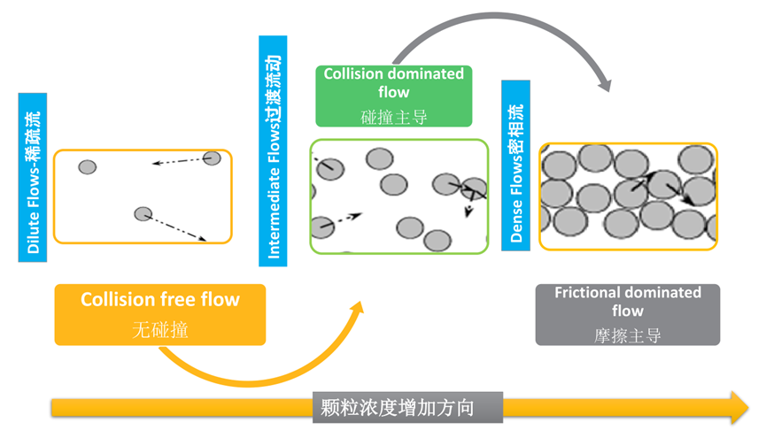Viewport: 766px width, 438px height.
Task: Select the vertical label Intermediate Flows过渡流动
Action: coord(274,150)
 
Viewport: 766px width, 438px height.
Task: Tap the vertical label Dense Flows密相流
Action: coord(516,165)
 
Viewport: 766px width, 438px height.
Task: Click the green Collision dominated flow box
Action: coord(393,95)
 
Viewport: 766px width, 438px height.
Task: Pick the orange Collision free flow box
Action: coord(160,314)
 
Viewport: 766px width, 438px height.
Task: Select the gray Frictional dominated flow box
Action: coord(628,314)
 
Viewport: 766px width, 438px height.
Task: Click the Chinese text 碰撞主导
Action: coord(393,116)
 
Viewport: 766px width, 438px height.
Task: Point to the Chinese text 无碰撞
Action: coord(160,330)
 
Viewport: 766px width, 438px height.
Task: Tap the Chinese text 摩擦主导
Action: coord(628,335)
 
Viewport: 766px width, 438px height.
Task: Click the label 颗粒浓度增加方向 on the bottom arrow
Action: coord(409,408)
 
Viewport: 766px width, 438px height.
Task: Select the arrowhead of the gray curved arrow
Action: coord(604,85)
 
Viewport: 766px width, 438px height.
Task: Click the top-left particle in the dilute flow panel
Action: coord(87,167)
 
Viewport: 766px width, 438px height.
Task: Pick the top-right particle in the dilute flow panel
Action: coord(212,158)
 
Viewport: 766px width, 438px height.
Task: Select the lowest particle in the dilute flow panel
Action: coord(143,213)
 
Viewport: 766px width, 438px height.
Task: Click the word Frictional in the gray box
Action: coord(592,293)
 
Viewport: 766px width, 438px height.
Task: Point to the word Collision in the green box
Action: coord(356,73)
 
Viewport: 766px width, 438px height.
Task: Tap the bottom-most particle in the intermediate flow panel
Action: coord(437,241)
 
